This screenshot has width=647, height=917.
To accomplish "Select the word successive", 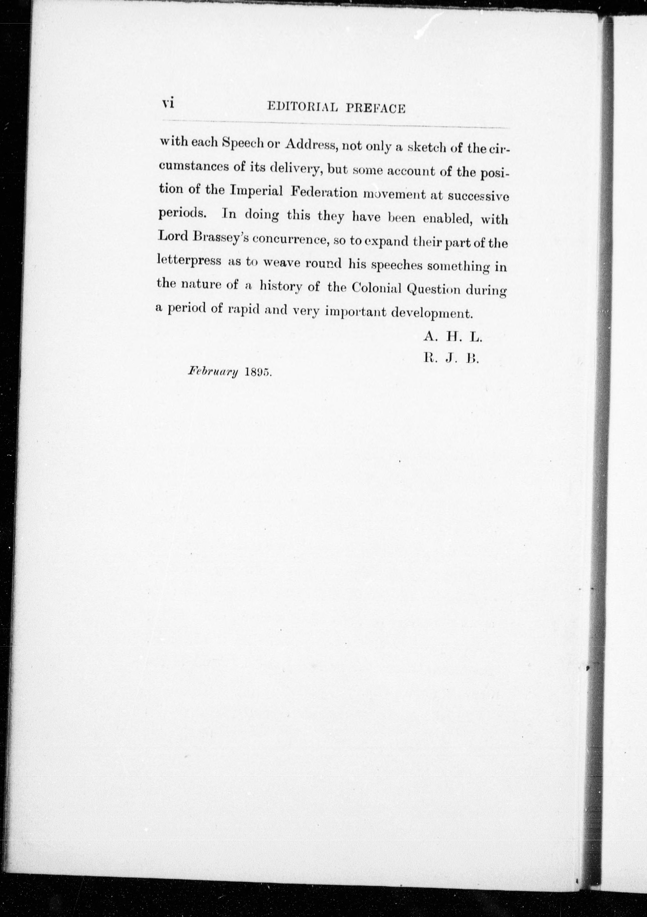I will click(478, 196).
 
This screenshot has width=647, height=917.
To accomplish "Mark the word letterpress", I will click(189, 261).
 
